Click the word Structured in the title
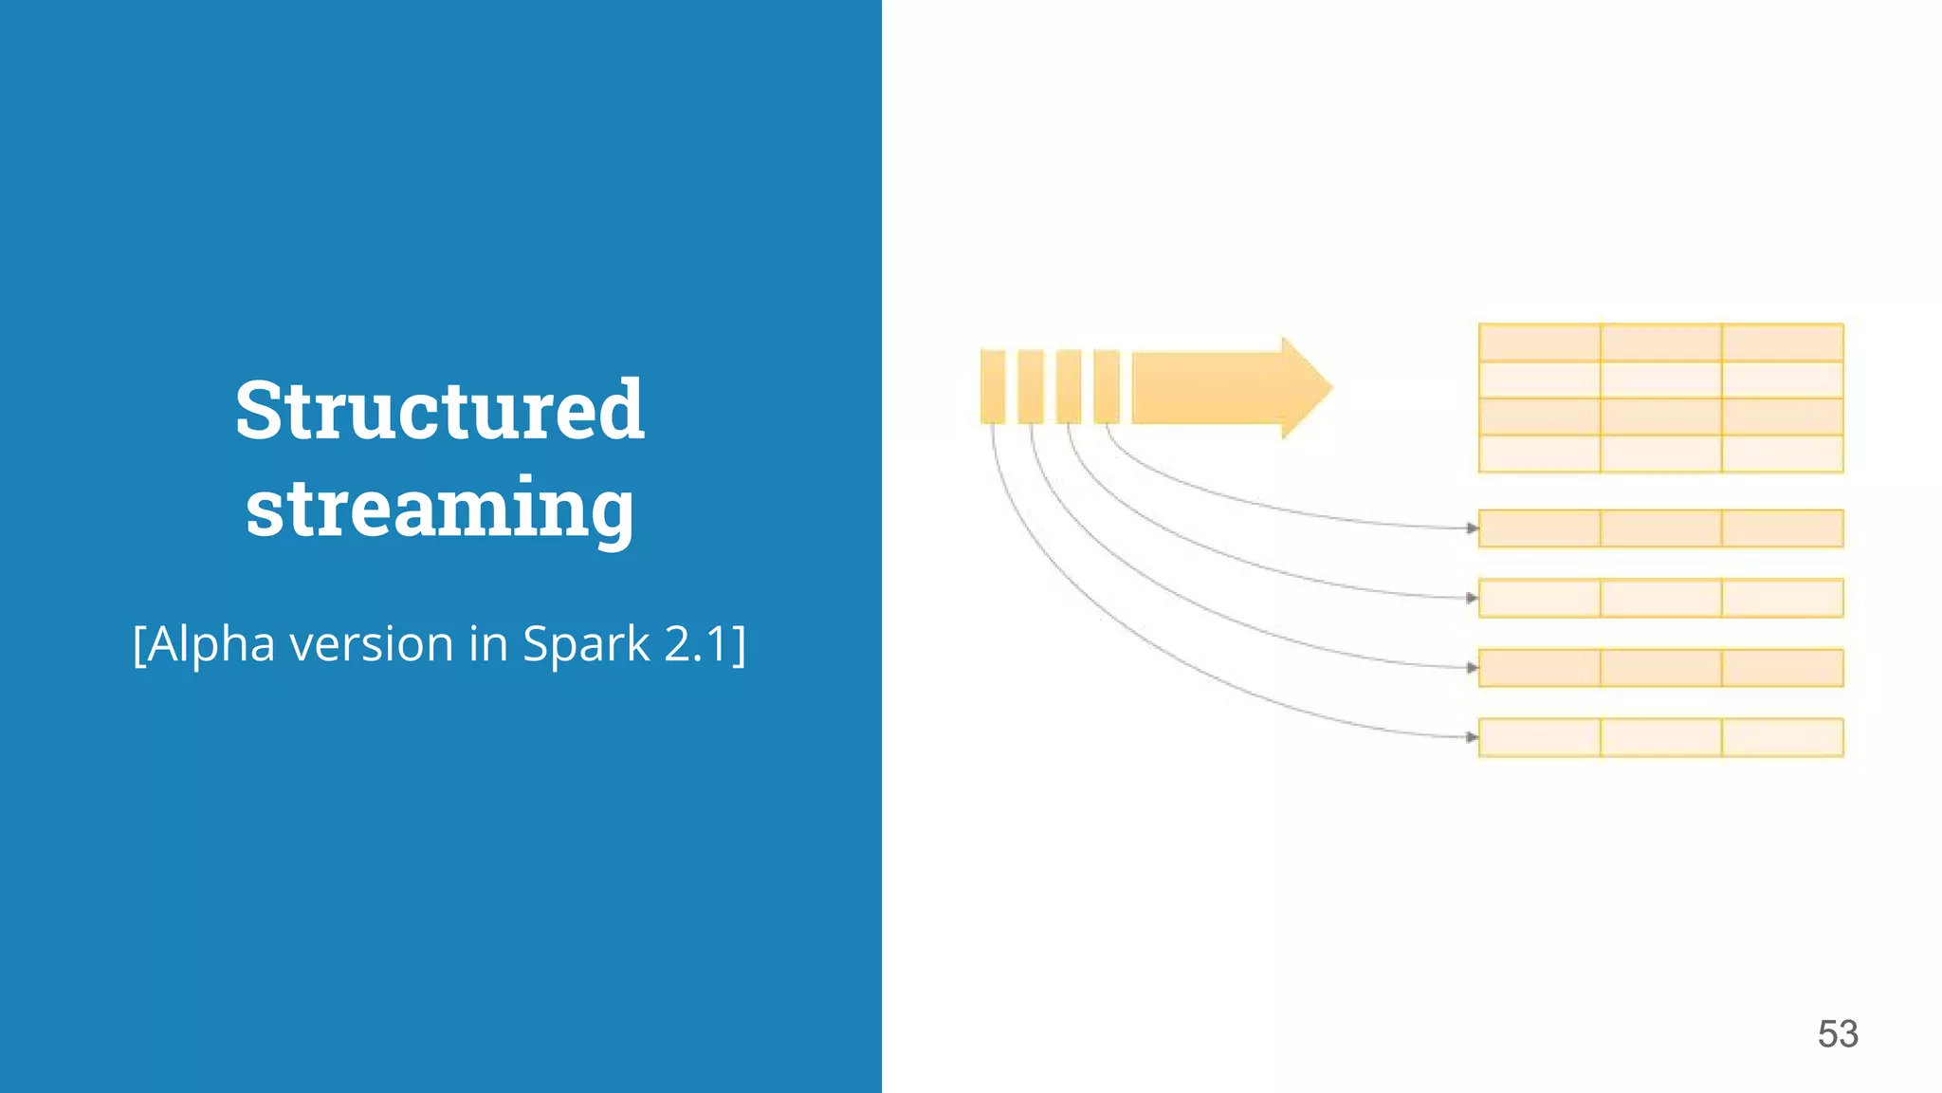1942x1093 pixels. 440,410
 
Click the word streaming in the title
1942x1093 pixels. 440,509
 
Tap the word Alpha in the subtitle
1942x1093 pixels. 211,644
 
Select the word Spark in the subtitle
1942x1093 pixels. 586,644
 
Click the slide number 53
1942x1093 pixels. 1838,1033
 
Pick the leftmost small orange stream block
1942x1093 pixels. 993,386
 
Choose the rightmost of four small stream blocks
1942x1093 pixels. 1107,386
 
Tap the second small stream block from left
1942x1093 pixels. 1031,386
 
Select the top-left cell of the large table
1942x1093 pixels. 1540,343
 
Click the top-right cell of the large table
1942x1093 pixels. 1783,343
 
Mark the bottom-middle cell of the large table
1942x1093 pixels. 1661,454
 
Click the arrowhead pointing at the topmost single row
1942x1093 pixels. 1473,528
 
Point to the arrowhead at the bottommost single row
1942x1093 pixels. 1473,737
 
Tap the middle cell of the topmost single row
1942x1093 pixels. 1661,528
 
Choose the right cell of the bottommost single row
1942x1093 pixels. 1783,737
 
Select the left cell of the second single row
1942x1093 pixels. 1540,598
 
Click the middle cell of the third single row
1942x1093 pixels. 1661,668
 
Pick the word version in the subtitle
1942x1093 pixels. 372,644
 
